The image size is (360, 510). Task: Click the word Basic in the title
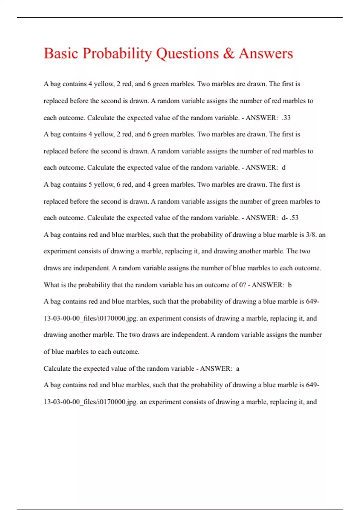pyautogui.click(x=61, y=53)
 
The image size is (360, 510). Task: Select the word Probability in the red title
pyautogui.click(x=117, y=53)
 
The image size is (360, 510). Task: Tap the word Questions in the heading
pyautogui.click(x=187, y=53)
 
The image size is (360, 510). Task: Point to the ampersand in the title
pyautogui.click(x=229, y=53)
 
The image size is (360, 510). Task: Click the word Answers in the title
pyautogui.click(x=266, y=53)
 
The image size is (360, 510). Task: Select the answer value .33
pyautogui.click(x=286, y=118)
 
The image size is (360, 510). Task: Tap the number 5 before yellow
pyautogui.click(x=90, y=184)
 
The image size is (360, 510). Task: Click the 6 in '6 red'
pyautogui.click(x=119, y=184)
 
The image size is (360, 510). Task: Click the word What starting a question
pyautogui.click(x=51, y=285)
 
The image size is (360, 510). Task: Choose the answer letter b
pyautogui.click(x=289, y=285)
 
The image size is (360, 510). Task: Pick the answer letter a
pyautogui.click(x=238, y=368)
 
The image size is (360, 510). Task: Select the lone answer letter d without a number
pyautogui.click(x=283, y=168)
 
